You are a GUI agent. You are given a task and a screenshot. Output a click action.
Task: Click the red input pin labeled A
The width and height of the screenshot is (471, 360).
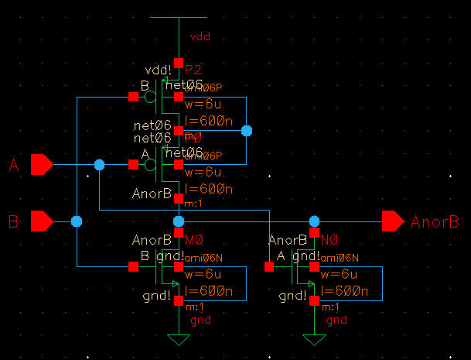coord(41,164)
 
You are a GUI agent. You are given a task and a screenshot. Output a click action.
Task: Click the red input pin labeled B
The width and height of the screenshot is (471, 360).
coord(41,222)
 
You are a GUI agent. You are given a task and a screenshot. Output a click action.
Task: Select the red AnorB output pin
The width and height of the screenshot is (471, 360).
coord(393,222)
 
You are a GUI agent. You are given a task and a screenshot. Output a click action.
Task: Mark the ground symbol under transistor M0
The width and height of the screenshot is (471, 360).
coord(179,339)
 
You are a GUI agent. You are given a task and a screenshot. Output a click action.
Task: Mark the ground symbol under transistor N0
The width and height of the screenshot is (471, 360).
coord(314,339)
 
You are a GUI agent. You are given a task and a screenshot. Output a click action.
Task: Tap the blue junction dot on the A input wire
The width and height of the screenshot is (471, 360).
coord(100,164)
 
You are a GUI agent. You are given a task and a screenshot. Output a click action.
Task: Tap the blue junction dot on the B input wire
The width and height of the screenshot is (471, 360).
coord(76,222)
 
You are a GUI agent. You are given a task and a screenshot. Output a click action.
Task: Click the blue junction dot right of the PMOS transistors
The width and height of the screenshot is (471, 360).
coord(247,131)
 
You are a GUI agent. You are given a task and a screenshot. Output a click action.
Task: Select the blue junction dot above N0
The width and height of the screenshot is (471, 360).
coord(314,222)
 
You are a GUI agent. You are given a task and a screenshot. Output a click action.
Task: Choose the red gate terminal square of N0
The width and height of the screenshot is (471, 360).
coord(268,267)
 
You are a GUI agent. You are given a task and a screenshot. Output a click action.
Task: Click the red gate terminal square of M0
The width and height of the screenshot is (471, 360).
coord(133,267)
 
